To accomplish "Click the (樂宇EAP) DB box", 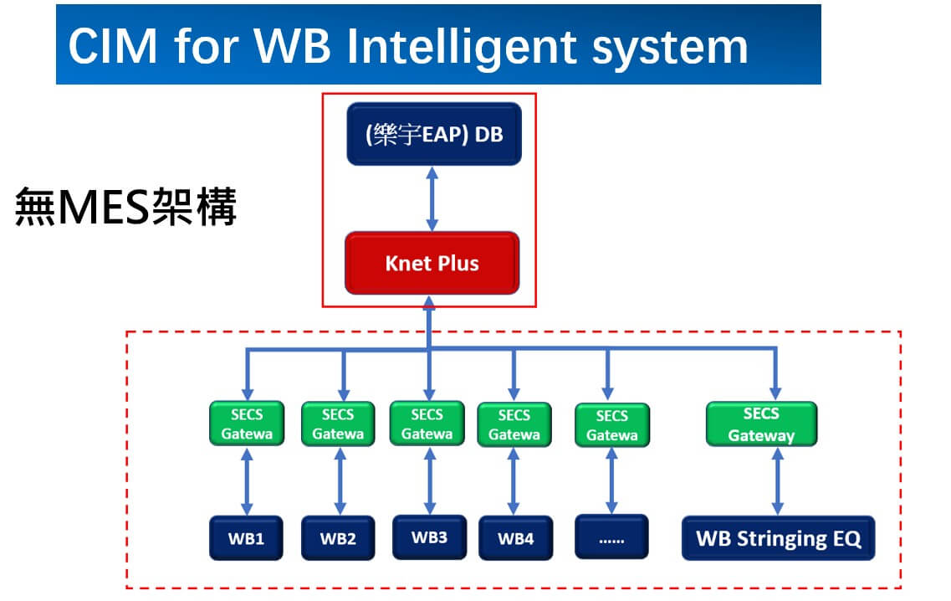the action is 433,134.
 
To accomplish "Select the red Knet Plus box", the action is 432,263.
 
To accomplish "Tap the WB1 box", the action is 246,538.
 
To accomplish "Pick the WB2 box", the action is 338,538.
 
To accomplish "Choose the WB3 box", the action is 429,537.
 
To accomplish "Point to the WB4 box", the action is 515,538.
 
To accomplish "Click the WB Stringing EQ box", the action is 778,538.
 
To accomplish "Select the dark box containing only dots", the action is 611,537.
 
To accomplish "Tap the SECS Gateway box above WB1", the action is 247,424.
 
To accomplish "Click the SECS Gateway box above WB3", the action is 427,424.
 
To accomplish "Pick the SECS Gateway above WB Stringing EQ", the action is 762,424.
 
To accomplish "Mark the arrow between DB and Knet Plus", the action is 432,198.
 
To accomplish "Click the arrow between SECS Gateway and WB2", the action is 340,480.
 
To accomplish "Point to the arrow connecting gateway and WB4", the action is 513,480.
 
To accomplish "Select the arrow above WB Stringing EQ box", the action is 778,480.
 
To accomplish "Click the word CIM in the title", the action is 113,46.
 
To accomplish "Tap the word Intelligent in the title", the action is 462,48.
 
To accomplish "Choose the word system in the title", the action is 670,49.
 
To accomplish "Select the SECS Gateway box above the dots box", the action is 612,425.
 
